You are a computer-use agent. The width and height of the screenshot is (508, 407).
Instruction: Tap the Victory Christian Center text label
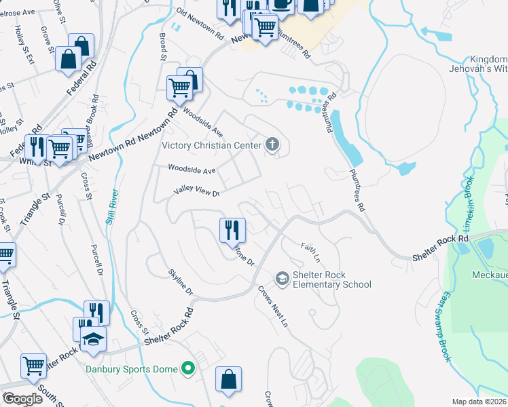tap(211, 145)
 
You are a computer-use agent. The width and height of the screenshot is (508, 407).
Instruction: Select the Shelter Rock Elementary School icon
tap(282, 279)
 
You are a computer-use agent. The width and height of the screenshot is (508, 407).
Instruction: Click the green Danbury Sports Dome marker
tap(189, 369)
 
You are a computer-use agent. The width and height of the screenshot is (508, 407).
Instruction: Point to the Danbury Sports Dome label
tap(132, 370)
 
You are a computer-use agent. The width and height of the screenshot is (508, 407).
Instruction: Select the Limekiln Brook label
tap(468, 196)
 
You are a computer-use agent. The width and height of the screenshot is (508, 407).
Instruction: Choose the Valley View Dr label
tap(197, 193)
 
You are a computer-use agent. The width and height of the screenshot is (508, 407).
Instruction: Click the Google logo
tap(22, 398)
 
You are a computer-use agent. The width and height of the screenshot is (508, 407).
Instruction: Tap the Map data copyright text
tap(479, 402)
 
